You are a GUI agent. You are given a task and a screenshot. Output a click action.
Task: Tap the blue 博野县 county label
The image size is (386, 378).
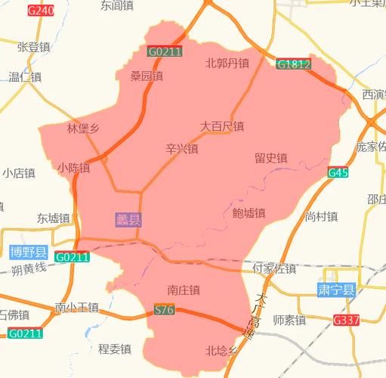click(x=29, y=252)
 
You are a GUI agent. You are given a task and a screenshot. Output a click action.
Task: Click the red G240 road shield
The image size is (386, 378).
click(x=41, y=11)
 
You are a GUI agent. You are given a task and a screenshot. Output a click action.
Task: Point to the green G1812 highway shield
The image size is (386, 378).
click(x=293, y=65)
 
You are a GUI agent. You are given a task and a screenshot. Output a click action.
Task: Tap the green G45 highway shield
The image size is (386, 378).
click(x=338, y=173)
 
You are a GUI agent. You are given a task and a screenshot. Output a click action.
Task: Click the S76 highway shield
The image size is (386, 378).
click(x=164, y=310)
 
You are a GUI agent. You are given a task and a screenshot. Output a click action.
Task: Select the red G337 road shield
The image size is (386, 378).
click(x=347, y=321)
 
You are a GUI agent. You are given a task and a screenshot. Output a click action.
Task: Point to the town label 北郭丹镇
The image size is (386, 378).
click(x=227, y=64)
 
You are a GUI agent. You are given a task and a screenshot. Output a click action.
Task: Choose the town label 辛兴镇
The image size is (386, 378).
click(x=181, y=149)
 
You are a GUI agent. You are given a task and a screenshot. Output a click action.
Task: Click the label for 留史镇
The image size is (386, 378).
click(x=270, y=158)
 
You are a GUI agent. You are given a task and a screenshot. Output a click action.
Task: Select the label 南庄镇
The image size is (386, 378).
click(x=184, y=290)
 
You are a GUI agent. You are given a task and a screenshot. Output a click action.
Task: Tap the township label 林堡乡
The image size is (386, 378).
click(x=83, y=128)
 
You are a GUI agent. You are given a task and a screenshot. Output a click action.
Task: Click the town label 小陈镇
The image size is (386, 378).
click(x=73, y=168)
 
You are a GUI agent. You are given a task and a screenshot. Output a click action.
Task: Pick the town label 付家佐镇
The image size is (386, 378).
click(x=274, y=268)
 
